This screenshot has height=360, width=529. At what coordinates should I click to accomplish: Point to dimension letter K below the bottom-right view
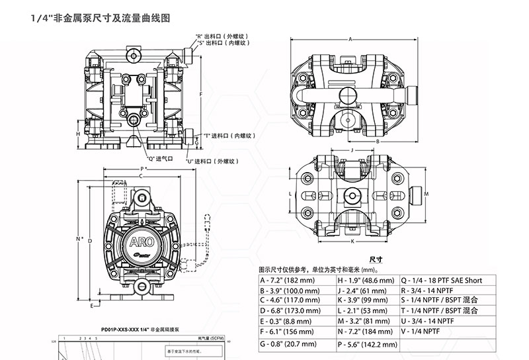(x=352, y=242)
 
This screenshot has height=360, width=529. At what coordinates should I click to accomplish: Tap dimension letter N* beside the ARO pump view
(x=80, y=239)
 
